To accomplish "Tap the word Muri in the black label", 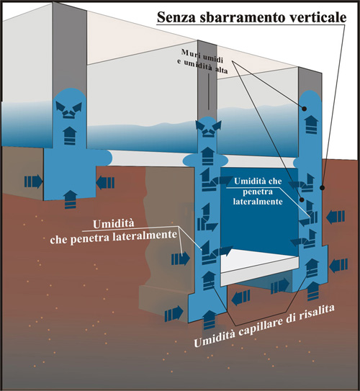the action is point(189,53).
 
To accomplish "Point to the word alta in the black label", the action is point(221,70).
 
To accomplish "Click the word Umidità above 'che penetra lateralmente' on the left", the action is point(114,224).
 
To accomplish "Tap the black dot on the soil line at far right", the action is point(322,187).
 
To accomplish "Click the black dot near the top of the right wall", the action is point(304,109).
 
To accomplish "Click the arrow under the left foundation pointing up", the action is point(71,199).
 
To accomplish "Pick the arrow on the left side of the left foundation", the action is point(33,181).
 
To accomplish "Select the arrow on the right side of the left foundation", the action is point(105,183).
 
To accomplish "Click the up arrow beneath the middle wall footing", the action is point(209,320).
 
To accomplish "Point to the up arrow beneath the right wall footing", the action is point(313,291).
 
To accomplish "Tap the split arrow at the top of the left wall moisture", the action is point(68,109).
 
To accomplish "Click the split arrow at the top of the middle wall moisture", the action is point(208,128).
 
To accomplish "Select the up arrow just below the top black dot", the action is point(311,125).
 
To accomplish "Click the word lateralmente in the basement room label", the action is point(258,202).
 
